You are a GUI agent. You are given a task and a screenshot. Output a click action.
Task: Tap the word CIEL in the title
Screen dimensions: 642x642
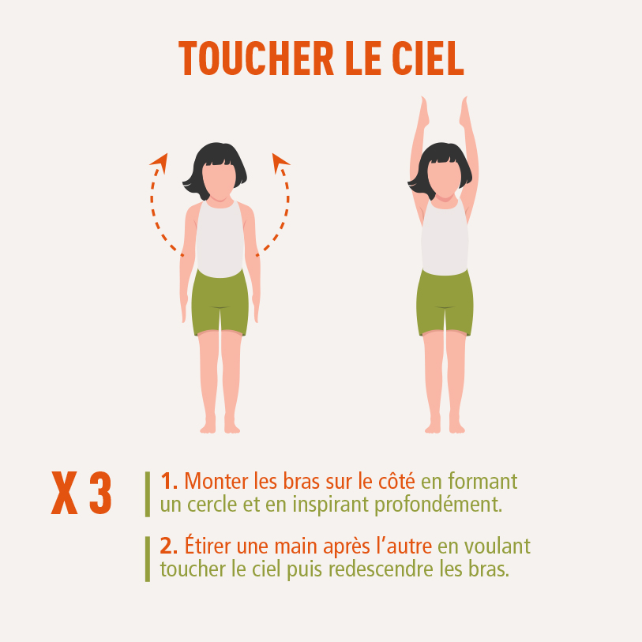pyautogui.click(x=428, y=58)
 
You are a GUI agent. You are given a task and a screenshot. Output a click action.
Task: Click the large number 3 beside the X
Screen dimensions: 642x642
pyautogui.click(x=101, y=493)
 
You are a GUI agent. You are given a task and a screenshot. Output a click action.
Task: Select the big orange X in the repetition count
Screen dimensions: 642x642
pyautogui.click(x=64, y=493)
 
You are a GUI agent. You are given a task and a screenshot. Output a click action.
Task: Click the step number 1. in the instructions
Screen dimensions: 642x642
pyautogui.click(x=169, y=481)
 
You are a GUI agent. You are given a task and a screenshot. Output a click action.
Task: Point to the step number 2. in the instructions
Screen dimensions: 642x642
pyautogui.click(x=169, y=546)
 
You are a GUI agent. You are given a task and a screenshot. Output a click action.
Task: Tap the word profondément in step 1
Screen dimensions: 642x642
pyautogui.click(x=438, y=505)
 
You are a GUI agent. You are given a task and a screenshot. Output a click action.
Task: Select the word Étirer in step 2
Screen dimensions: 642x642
pyautogui.click(x=208, y=545)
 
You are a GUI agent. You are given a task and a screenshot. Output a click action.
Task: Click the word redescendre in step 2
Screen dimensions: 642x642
pyautogui.click(x=381, y=569)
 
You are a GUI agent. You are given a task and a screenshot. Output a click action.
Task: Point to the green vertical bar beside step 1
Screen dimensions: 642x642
pyautogui.click(x=148, y=494)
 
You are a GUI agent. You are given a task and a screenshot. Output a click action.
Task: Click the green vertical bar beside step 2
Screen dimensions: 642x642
pyautogui.click(x=148, y=559)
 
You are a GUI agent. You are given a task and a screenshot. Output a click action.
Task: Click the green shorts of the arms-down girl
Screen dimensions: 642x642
pyautogui.click(x=220, y=303)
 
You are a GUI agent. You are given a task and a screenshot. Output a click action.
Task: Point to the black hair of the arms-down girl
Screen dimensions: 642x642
pyautogui.click(x=216, y=163)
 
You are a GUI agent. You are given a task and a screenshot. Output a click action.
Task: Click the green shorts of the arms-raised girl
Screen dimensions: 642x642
pyautogui.click(x=445, y=303)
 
